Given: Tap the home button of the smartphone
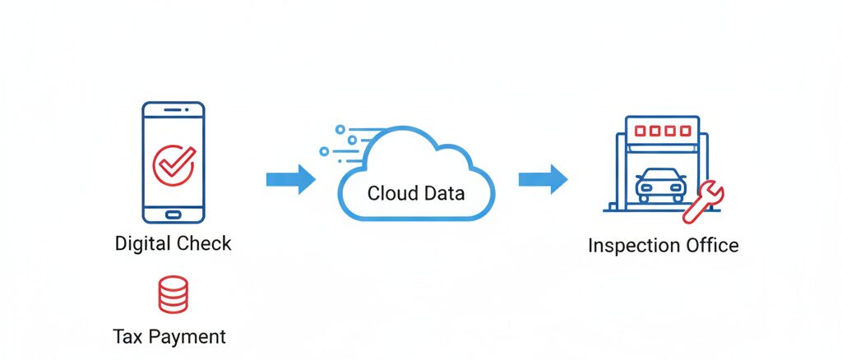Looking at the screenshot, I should [x=173, y=214].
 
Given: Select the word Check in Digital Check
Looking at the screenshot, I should [x=206, y=243].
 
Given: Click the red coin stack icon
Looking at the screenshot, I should [x=173, y=295].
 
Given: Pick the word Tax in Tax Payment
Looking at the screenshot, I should [x=128, y=336].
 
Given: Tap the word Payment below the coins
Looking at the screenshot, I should [x=188, y=337].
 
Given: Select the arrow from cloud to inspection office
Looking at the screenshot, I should [x=543, y=179].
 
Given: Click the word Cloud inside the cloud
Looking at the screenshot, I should [x=391, y=194].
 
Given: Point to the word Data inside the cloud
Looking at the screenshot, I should [x=443, y=194].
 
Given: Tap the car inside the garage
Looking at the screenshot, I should [x=659, y=187].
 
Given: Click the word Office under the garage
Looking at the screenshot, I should [x=712, y=246].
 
